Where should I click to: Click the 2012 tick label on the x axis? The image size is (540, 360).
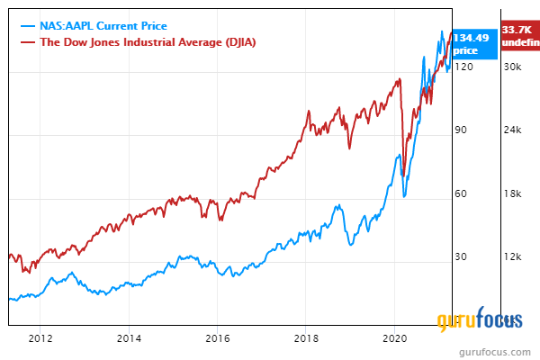pyautogui.click(x=40, y=338)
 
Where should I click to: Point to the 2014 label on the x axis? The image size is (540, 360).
pyautogui.click(x=129, y=338)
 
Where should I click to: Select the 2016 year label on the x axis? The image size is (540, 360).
pyautogui.click(x=217, y=338)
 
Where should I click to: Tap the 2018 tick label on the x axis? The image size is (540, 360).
pyautogui.click(x=306, y=338)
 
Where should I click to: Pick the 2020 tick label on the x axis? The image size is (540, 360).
pyautogui.click(x=395, y=338)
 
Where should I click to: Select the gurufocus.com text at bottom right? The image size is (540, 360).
pyautogui.click(x=499, y=349)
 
